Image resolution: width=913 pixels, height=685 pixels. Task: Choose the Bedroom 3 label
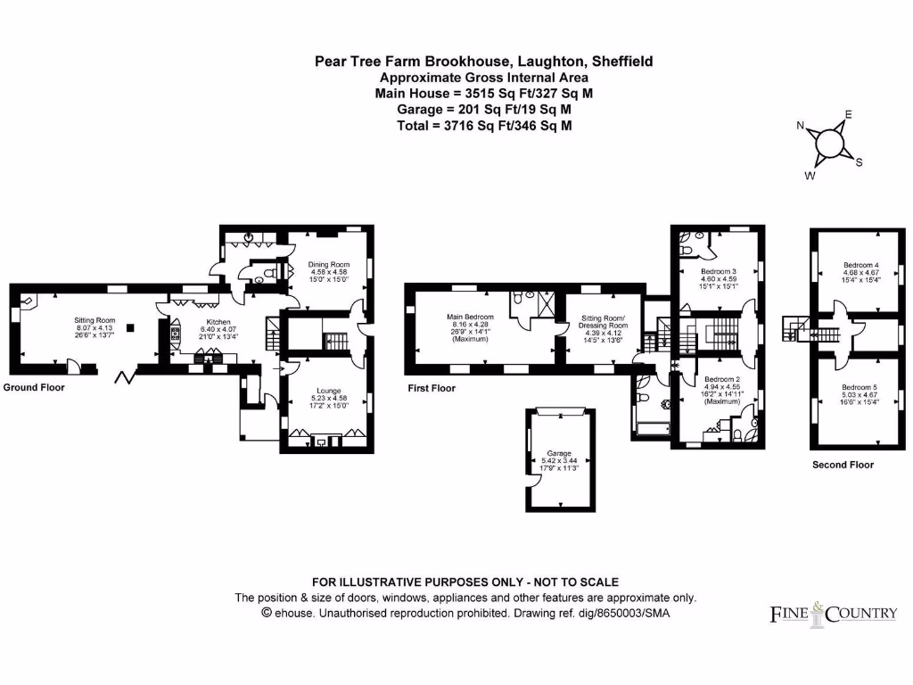point(718,271)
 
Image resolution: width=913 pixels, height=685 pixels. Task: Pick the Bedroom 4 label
point(860,265)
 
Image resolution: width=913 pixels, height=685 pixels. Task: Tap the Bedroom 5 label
point(860,387)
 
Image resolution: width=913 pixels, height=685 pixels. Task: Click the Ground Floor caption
point(34,388)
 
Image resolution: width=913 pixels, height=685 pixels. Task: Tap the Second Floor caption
point(843,465)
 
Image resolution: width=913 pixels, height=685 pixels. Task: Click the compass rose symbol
point(830,144)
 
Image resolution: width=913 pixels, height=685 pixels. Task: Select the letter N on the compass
point(801,126)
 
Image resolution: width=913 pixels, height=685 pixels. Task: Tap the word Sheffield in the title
point(621,62)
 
